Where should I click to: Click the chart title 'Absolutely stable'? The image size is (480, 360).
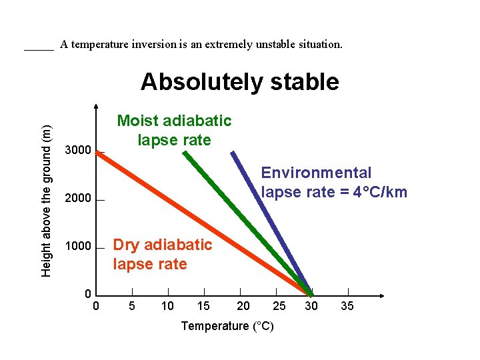[239, 82]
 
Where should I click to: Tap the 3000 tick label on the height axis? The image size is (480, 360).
[77, 151]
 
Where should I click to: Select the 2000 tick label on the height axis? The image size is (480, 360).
[77, 199]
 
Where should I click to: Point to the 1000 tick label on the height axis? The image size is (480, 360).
[77, 247]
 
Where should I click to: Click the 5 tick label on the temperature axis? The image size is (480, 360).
[132, 306]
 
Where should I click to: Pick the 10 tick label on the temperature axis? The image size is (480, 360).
[168, 306]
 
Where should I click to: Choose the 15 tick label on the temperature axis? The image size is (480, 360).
[203, 306]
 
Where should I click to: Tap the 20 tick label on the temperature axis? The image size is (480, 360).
[244, 306]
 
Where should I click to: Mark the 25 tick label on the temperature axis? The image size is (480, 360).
[279, 306]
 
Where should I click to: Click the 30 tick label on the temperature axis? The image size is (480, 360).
[311, 306]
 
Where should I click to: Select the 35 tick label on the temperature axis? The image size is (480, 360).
[347, 306]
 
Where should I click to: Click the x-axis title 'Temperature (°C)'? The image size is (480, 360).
[227, 326]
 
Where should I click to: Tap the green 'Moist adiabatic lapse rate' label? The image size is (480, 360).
[174, 131]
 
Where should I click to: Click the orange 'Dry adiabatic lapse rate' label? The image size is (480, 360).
[162, 255]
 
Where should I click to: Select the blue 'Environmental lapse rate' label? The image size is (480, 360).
[333, 183]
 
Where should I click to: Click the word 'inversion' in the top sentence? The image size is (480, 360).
[154, 45]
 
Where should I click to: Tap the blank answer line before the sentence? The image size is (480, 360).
[39, 47]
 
